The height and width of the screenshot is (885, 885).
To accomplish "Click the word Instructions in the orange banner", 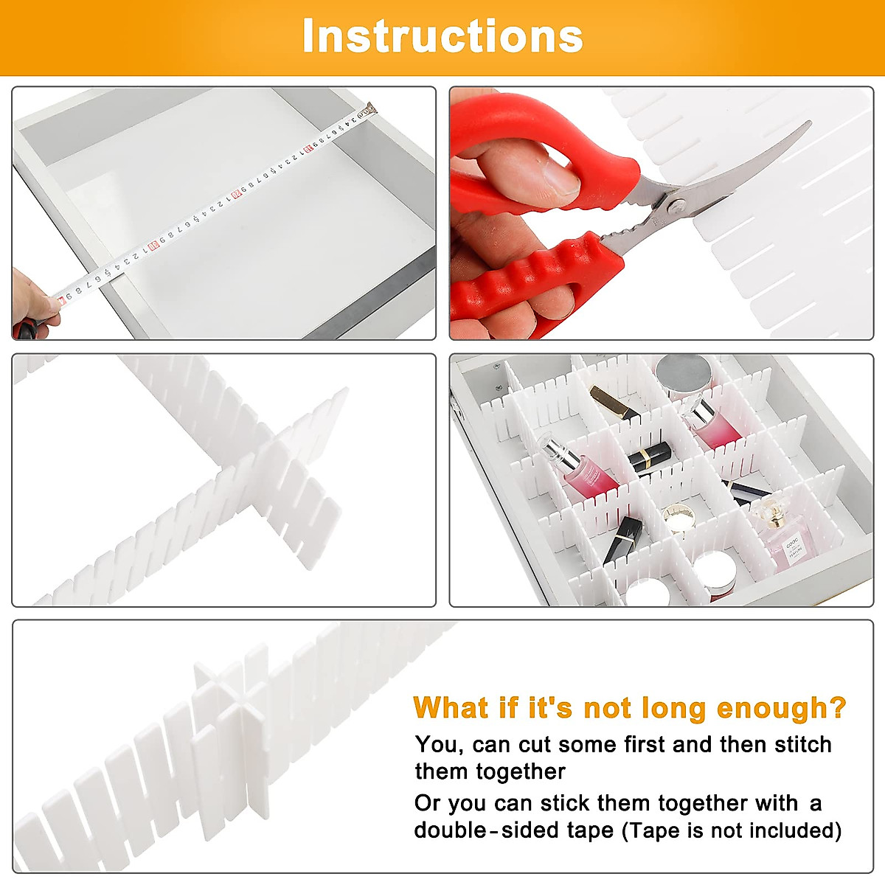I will [442, 36].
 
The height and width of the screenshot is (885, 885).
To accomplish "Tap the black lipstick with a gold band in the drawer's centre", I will [649, 459].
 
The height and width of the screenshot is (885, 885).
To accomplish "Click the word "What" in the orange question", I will [451, 707].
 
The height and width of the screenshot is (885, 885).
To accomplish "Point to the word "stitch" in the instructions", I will [802, 744].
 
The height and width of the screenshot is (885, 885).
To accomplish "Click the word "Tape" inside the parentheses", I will [652, 830].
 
